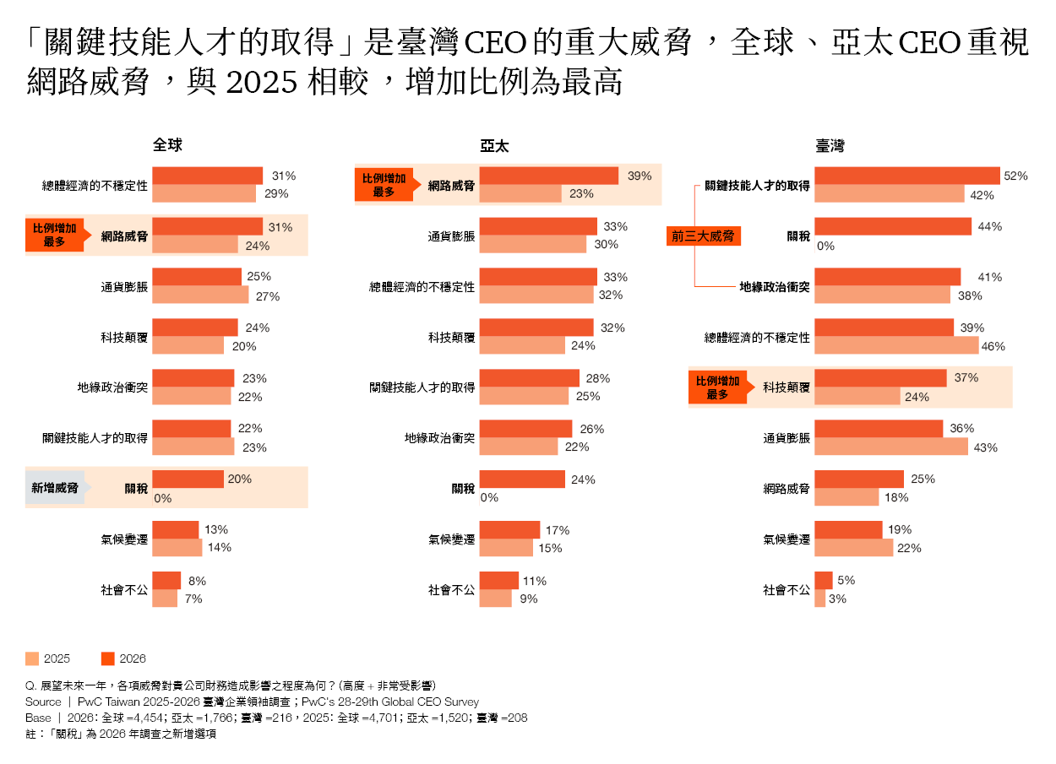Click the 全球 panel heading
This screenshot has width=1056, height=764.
coord(167,145)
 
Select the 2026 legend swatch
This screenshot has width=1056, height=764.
coord(107,658)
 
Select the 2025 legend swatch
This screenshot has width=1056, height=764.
coord(33,658)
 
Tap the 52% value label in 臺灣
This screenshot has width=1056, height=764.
coord(1015,176)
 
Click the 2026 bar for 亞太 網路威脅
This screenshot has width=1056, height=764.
coord(549,176)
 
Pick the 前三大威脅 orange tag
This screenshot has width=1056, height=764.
coord(703,236)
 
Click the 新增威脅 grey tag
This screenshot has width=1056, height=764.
coord(55,488)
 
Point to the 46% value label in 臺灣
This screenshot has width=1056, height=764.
coord(993,346)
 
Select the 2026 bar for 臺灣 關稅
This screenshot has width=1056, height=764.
coord(893,226)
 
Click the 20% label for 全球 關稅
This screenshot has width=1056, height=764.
coord(240,479)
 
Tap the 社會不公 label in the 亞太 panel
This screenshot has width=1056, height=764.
coord(451,590)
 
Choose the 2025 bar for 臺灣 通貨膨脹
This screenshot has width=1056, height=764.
coord(891,447)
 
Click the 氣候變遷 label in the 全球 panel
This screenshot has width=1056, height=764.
coord(124,539)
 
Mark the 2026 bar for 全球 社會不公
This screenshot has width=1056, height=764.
coord(166,581)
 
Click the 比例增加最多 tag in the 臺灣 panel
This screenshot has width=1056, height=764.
coord(717,387)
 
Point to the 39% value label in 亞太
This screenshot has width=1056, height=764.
coord(640,176)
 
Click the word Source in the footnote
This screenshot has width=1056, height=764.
coord(43,702)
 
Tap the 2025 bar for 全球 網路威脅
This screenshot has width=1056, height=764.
coord(195,245)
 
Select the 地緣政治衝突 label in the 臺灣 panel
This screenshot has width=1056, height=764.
coord(775,287)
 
